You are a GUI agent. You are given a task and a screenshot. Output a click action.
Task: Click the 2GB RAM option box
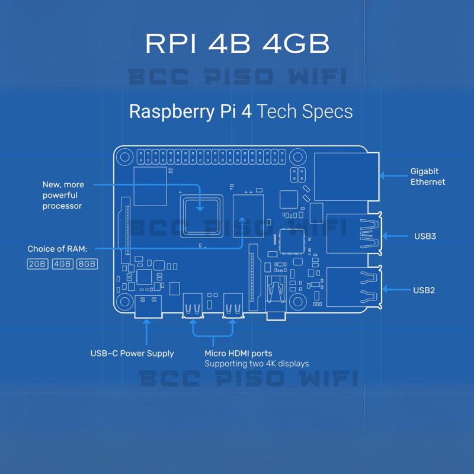(x=37, y=264)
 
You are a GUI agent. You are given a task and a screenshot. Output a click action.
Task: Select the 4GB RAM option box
(x=62, y=264)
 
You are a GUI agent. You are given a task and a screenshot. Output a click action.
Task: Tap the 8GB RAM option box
(x=87, y=264)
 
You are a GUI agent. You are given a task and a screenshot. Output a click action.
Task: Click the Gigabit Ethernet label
(x=427, y=177)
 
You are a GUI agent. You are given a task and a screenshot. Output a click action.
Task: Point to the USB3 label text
(x=425, y=236)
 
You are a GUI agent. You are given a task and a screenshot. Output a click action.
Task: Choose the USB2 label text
(x=424, y=290)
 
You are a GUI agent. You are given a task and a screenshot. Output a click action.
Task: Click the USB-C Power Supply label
(x=132, y=353)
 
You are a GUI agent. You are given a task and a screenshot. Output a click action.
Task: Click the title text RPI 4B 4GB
(x=237, y=45)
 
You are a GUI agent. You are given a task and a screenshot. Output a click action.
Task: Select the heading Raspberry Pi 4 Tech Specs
(x=241, y=111)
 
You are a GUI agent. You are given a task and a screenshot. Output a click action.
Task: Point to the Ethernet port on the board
(x=346, y=176)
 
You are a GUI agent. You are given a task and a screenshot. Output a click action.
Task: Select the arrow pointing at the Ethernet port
(x=391, y=175)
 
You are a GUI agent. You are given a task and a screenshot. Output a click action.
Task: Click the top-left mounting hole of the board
(x=124, y=157)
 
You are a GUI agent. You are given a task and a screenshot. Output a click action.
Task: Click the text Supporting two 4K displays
(x=257, y=363)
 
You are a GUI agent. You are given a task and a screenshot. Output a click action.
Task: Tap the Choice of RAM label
(x=57, y=249)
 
